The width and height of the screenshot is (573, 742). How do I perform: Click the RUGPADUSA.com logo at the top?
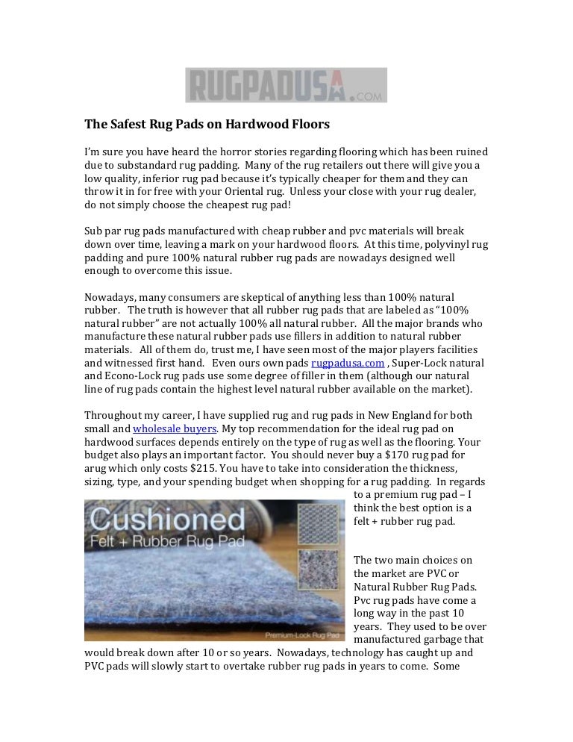click(286, 85)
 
